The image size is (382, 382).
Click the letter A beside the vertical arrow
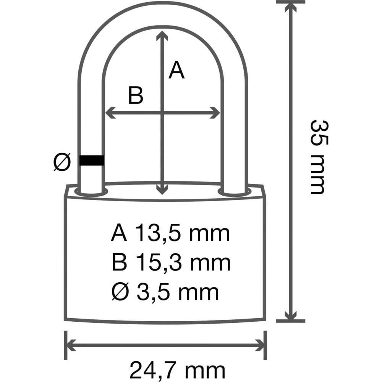coord(176,70)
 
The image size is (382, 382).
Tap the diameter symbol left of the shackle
coord(62,162)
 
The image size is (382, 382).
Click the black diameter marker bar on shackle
coord(92,160)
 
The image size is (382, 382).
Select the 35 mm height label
coord(318,157)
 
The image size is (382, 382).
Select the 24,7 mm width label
coord(176,370)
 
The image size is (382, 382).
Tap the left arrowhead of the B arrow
coord(109,113)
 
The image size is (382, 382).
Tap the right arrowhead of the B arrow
coord(216,113)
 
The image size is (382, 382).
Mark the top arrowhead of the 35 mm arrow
coord(291,8)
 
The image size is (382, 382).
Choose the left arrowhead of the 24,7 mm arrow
coord(71,345)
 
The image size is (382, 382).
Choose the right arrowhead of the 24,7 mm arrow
coord(261,345)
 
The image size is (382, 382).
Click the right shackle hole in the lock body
coord(234,191)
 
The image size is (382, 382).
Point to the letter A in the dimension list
coord(119,233)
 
